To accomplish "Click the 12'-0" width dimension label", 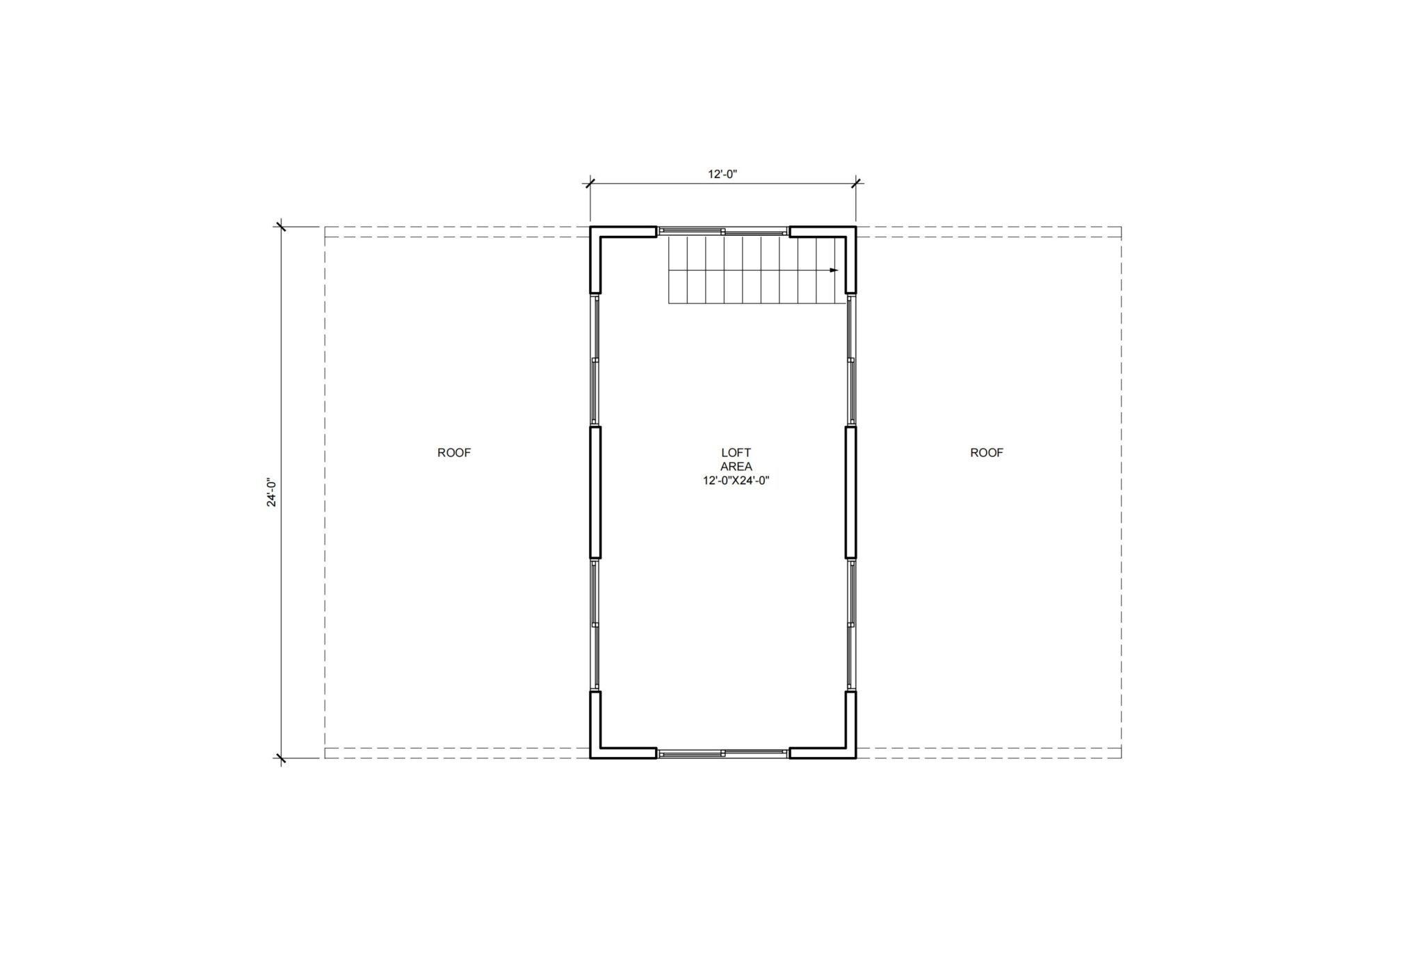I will click(x=722, y=174).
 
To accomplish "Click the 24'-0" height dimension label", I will click(x=272, y=493).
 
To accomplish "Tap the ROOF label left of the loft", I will click(x=454, y=453).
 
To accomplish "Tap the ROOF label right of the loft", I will click(x=987, y=453).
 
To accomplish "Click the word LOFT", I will click(x=736, y=453).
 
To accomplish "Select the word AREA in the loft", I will click(x=736, y=467).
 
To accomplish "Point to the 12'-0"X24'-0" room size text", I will click(x=736, y=481).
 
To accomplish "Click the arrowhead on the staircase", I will click(x=834, y=270).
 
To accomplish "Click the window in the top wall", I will click(x=723, y=230).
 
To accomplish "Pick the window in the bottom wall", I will click(x=723, y=753).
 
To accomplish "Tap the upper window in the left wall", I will click(x=595, y=360).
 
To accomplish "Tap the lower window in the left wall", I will click(x=595, y=625).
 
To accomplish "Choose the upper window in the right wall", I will click(x=851, y=360).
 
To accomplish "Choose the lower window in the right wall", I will click(x=851, y=625).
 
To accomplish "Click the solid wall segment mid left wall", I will click(x=595, y=493).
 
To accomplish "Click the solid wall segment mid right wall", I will click(x=851, y=493).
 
